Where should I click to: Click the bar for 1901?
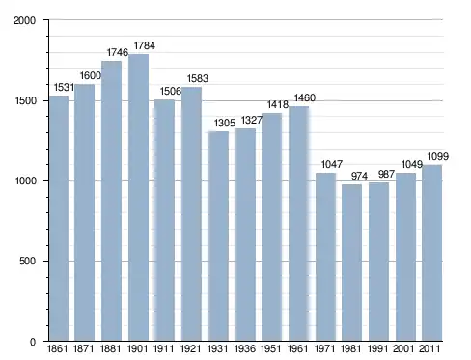click(138, 197)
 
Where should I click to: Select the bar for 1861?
click(59, 218)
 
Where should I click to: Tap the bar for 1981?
click(351, 263)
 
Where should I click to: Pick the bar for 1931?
click(218, 235)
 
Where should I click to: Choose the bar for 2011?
click(431, 253)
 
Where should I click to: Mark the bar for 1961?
click(298, 224)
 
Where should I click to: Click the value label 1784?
click(145, 45)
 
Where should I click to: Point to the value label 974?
click(359, 176)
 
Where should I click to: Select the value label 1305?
click(225, 123)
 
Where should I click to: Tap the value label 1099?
click(438, 156)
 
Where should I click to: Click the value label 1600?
click(91, 76)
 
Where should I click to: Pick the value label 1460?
click(305, 97)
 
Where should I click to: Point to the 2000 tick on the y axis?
click(24, 20)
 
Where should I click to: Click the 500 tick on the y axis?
click(27, 261)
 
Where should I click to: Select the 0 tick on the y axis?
click(33, 342)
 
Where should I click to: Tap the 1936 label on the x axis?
click(245, 348)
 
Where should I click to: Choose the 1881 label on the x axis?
click(110, 348)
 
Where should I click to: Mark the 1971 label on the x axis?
click(324, 348)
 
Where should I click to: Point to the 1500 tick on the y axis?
click(25, 100)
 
